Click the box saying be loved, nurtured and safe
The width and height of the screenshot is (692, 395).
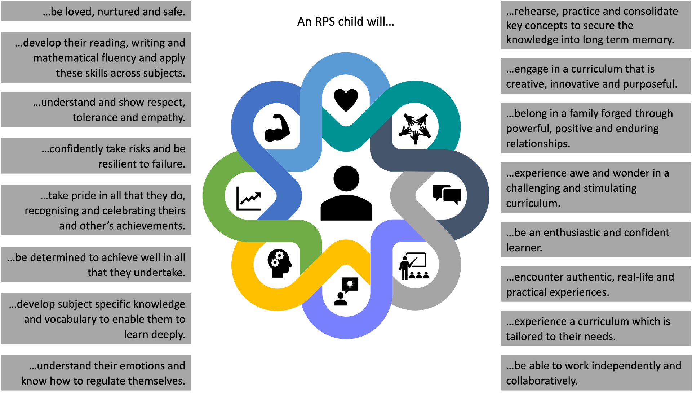click(x=96, y=12)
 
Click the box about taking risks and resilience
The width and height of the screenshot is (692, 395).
click(x=96, y=156)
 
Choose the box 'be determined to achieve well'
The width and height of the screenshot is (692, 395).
click(x=96, y=265)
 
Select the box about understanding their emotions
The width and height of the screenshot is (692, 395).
click(x=96, y=373)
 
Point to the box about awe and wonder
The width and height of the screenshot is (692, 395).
click(x=595, y=188)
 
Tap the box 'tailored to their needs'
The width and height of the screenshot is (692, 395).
click(x=595, y=329)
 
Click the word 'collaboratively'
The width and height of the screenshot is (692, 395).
click(x=541, y=381)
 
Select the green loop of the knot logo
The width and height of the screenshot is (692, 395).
click(x=214, y=202)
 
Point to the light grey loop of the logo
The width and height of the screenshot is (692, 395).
click(x=449, y=274)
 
